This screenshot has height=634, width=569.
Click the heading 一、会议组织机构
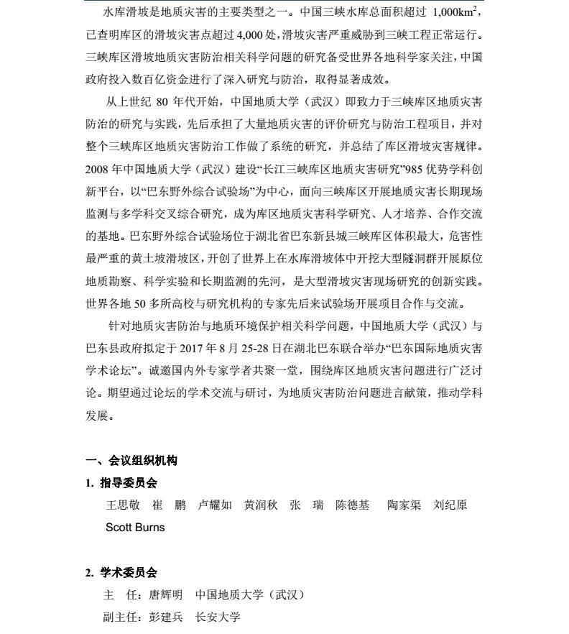131,461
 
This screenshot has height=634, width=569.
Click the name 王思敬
123,505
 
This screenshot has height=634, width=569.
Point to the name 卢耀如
215,505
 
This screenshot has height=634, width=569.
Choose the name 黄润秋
261,505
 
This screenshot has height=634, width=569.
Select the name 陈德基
353,505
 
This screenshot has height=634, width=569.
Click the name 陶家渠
404,505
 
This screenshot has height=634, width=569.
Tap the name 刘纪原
450,505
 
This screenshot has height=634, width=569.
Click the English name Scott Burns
135,528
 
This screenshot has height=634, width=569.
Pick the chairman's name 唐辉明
165,595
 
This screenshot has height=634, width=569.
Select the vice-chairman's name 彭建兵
165,617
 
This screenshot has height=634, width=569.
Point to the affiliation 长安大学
218,617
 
